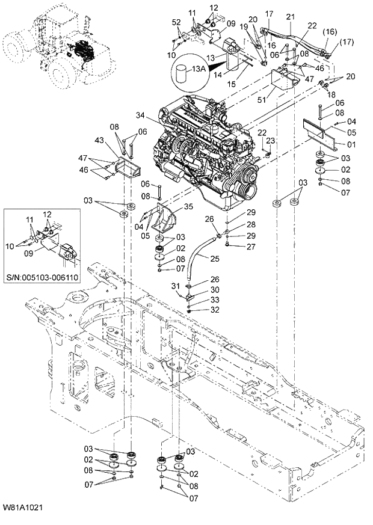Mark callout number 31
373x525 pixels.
click(x=175, y=285)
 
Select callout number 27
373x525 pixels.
click(x=234, y=246)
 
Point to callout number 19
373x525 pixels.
click(x=244, y=27)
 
